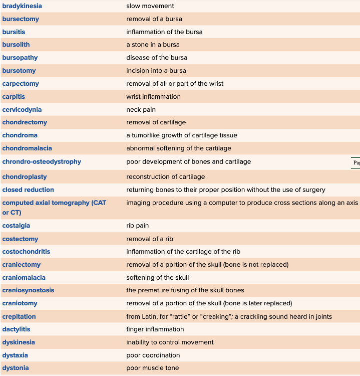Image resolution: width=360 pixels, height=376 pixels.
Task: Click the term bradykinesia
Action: point(22,6)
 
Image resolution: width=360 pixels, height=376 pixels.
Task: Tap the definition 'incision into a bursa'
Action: point(156,71)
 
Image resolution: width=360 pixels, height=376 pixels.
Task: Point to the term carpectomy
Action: point(21,84)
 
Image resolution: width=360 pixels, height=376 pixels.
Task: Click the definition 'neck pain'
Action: point(141,110)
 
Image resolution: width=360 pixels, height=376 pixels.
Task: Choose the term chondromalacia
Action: point(27,148)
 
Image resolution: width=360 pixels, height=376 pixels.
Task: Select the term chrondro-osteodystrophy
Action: point(42,162)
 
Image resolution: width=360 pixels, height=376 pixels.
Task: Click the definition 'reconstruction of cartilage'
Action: point(165,177)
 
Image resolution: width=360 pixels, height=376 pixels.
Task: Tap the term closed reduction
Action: point(28,190)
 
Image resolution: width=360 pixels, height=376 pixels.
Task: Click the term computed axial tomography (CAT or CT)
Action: point(54,208)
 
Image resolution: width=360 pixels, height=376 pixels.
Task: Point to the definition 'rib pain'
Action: point(137,226)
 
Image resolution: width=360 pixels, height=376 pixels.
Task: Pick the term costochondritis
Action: point(26,252)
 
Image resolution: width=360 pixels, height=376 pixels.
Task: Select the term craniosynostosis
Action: point(28,290)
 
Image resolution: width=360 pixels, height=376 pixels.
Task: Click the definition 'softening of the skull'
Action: point(157,278)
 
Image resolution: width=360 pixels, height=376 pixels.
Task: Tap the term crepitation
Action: point(19,317)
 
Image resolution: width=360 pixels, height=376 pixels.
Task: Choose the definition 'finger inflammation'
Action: point(155,329)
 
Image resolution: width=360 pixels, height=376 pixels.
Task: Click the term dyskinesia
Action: point(19,342)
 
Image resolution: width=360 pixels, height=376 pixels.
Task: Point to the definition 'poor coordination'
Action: point(153,355)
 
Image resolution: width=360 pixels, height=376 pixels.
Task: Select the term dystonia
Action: point(16,368)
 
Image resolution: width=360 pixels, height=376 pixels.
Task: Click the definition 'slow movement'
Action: point(150,6)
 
